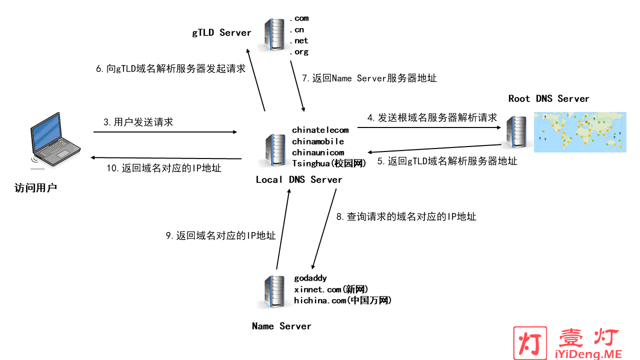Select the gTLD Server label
coord(221,33)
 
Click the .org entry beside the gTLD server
coord(299,51)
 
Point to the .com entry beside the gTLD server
coord(299,18)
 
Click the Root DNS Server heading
coord(548,98)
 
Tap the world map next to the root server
coord(579,132)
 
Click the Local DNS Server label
coord(299,179)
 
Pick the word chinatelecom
coord(320,130)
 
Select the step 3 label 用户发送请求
coord(138,122)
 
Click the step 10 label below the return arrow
coord(164,168)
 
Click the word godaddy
coord(310,278)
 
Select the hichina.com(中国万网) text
coord(342,300)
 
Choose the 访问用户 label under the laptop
coord(36,188)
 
